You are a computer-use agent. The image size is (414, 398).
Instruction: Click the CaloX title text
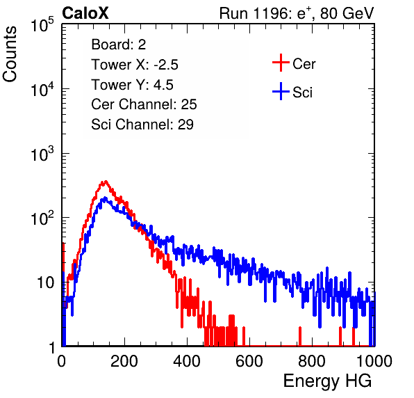coord(85,13)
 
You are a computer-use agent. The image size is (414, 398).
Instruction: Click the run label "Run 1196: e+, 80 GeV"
coord(297,13)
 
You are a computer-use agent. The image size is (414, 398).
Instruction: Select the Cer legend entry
coord(294,63)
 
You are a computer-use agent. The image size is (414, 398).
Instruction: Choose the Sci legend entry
coord(292,92)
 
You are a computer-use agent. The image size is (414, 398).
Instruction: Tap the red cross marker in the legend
coord(281,63)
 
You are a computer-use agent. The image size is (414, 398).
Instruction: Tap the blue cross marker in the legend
coord(281,91)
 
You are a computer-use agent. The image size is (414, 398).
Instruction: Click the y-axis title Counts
coord(10,54)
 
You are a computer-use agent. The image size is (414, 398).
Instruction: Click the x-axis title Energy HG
coord(327,381)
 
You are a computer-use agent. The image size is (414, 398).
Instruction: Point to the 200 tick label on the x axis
coord(124,361)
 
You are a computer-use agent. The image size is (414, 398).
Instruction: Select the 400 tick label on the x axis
coord(187,361)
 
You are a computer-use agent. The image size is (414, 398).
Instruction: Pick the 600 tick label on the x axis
coord(249,361)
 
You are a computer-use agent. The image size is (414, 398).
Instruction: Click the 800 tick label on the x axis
coord(312,361)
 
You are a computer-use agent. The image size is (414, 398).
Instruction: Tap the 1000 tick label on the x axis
coord(374,361)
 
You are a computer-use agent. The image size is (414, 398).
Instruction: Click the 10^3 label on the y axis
coord(42,154)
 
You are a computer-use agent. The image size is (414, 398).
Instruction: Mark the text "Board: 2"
coord(119,45)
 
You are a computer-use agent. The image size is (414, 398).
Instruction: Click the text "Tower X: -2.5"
coord(135,65)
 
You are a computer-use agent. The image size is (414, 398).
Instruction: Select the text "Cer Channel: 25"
coord(144,104)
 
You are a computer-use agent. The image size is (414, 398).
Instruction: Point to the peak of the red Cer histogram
coord(106,182)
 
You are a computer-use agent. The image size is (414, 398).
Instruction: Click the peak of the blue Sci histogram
coord(105,198)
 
